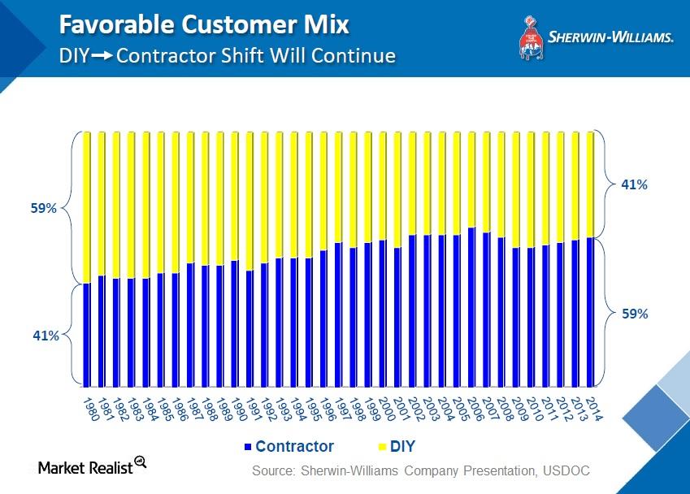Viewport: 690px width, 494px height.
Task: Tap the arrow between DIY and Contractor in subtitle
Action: click(102, 57)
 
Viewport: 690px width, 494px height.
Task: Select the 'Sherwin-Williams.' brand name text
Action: click(610, 37)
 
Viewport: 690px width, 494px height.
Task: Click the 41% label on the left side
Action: click(46, 335)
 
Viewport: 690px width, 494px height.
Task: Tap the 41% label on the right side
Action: click(634, 184)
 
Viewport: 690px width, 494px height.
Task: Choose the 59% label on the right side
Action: click(634, 313)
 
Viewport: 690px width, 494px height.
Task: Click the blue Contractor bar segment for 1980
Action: click(86, 335)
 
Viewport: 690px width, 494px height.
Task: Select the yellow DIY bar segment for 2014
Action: click(590, 184)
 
